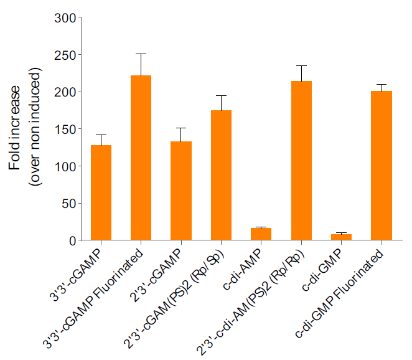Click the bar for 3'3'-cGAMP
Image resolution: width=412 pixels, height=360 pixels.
pyautogui.click(x=101, y=192)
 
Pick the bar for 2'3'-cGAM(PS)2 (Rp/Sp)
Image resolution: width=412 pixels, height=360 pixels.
pyautogui.click(x=221, y=175)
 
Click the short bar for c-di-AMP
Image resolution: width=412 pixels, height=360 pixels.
pyautogui.click(x=261, y=234)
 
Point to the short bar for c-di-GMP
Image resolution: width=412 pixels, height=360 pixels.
pyautogui.click(x=341, y=237)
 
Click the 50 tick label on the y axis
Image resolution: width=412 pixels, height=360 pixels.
pyautogui.click(x=67, y=203)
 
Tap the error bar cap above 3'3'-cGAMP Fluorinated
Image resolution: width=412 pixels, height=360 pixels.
pyautogui.click(x=141, y=54)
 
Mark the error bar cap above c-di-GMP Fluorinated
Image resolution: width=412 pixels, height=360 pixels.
pyautogui.click(x=381, y=84)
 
